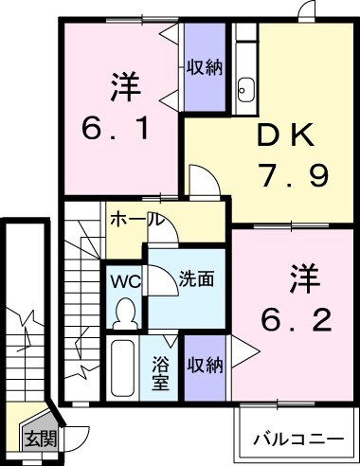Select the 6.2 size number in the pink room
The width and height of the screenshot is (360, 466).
pyautogui.click(x=297, y=321)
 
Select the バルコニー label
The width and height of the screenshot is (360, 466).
pyautogui.click(x=298, y=439)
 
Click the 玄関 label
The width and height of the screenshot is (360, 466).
pyautogui.click(x=40, y=439)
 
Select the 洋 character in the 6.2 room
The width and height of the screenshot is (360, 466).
pyautogui.click(x=295, y=281)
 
